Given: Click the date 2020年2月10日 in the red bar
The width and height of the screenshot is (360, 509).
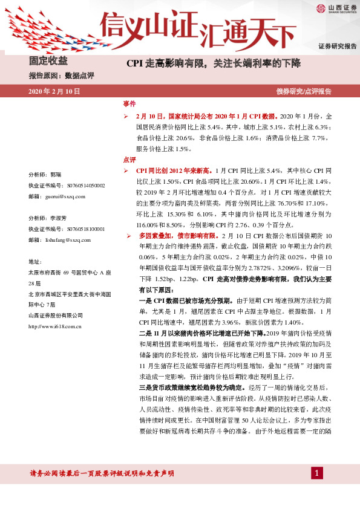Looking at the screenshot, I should (x=54, y=91).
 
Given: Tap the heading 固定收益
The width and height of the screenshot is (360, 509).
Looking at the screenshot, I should (x=48, y=61).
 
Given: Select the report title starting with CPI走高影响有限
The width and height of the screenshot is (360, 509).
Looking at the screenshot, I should (x=213, y=62).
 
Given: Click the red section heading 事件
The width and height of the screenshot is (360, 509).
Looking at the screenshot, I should (x=129, y=104).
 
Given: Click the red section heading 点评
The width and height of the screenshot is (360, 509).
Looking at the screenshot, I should (x=129, y=160).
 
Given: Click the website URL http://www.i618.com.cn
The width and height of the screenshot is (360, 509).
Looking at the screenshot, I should (x=57, y=326).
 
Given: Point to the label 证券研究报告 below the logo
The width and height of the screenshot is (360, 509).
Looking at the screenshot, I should (x=337, y=47).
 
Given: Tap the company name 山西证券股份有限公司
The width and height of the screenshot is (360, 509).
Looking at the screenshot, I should (x=56, y=316).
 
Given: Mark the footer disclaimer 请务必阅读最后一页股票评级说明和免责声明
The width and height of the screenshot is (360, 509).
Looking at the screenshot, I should (x=102, y=473).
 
